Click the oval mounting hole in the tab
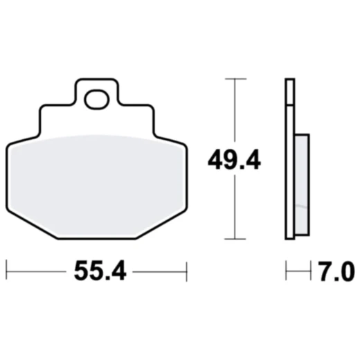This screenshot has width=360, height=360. pyautogui.click(x=96, y=100)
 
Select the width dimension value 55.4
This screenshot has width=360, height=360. pyautogui.click(x=100, y=271)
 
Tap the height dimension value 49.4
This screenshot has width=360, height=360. pyautogui.click(x=233, y=161)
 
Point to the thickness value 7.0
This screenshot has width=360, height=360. pyautogui.click(x=338, y=271)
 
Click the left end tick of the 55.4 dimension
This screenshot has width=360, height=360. pyautogui.click(x=6, y=271)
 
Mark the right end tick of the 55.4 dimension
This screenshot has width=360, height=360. pyautogui.click(x=187, y=271)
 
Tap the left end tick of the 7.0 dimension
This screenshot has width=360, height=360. pyautogui.click(x=286, y=271)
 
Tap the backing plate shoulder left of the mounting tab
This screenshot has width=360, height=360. pyautogui.click(x=57, y=108)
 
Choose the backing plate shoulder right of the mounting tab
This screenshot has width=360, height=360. pyautogui.click(x=136, y=108)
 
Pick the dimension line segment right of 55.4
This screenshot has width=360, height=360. pyautogui.click(x=159, y=271)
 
